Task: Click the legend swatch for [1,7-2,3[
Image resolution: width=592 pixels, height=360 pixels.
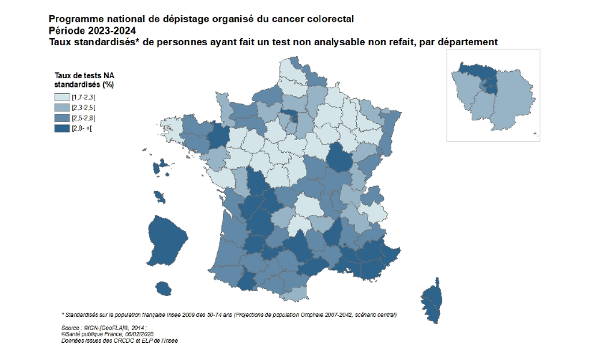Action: coord(62,97)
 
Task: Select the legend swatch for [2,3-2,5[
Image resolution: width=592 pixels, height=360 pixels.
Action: coord(62,107)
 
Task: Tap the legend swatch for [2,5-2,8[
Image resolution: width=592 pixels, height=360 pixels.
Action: coord(62,118)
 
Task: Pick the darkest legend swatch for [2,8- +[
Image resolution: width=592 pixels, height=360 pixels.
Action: coord(62,128)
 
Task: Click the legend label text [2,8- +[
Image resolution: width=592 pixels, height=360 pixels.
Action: coord(82,128)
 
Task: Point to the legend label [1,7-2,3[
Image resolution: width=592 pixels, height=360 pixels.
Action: coord(84,97)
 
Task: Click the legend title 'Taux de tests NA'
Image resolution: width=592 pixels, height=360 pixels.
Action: coord(85,75)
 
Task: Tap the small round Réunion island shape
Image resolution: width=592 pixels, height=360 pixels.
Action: coord(164,288)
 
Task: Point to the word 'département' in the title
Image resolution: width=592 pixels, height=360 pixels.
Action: coord(467,42)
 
